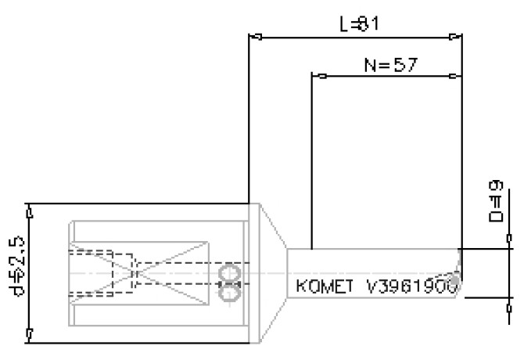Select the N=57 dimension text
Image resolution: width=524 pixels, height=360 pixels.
[389, 64]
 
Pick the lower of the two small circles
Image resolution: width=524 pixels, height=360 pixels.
[228, 292]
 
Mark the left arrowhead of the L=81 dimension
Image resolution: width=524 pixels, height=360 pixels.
[254, 35]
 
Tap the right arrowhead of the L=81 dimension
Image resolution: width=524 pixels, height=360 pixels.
[456, 35]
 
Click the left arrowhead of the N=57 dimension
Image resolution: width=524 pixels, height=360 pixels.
[318, 77]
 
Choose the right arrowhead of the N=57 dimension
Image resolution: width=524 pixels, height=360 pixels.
[456, 77]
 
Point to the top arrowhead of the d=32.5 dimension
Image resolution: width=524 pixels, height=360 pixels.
[29, 211]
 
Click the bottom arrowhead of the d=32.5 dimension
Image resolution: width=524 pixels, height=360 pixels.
[29, 336]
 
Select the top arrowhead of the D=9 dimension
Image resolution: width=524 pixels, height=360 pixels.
[511, 247]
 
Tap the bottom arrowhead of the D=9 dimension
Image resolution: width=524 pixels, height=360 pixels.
[511, 299]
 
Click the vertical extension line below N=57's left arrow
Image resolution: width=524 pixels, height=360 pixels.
[311, 164]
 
